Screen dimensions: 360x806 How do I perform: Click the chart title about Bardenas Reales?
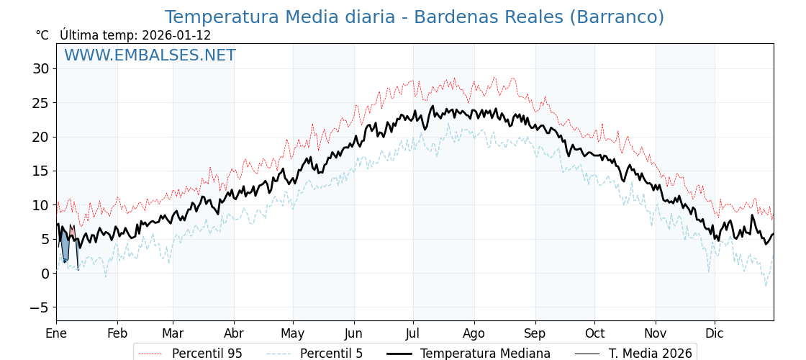point(414,17)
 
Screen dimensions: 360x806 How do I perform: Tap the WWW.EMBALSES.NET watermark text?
point(150,55)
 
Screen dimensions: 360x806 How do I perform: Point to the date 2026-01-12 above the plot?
point(176,35)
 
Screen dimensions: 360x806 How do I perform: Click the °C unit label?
point(42,35)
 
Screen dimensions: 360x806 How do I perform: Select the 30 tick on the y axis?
point(40,69)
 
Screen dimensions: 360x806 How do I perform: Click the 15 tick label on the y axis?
point(40,171)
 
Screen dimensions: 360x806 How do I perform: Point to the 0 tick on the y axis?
point(45,274)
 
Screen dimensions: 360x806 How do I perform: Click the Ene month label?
point(56,333)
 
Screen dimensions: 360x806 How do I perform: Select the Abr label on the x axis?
point(234,333)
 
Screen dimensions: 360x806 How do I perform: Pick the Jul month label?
point(413,333)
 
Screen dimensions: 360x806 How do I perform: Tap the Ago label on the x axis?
point(474,333)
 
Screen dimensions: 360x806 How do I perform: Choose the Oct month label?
point(594,333)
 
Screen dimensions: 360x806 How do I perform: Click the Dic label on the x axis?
point(715,333)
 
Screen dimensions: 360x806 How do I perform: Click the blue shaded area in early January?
point(65,248)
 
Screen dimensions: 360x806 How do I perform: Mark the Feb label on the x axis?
point(117,333)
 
